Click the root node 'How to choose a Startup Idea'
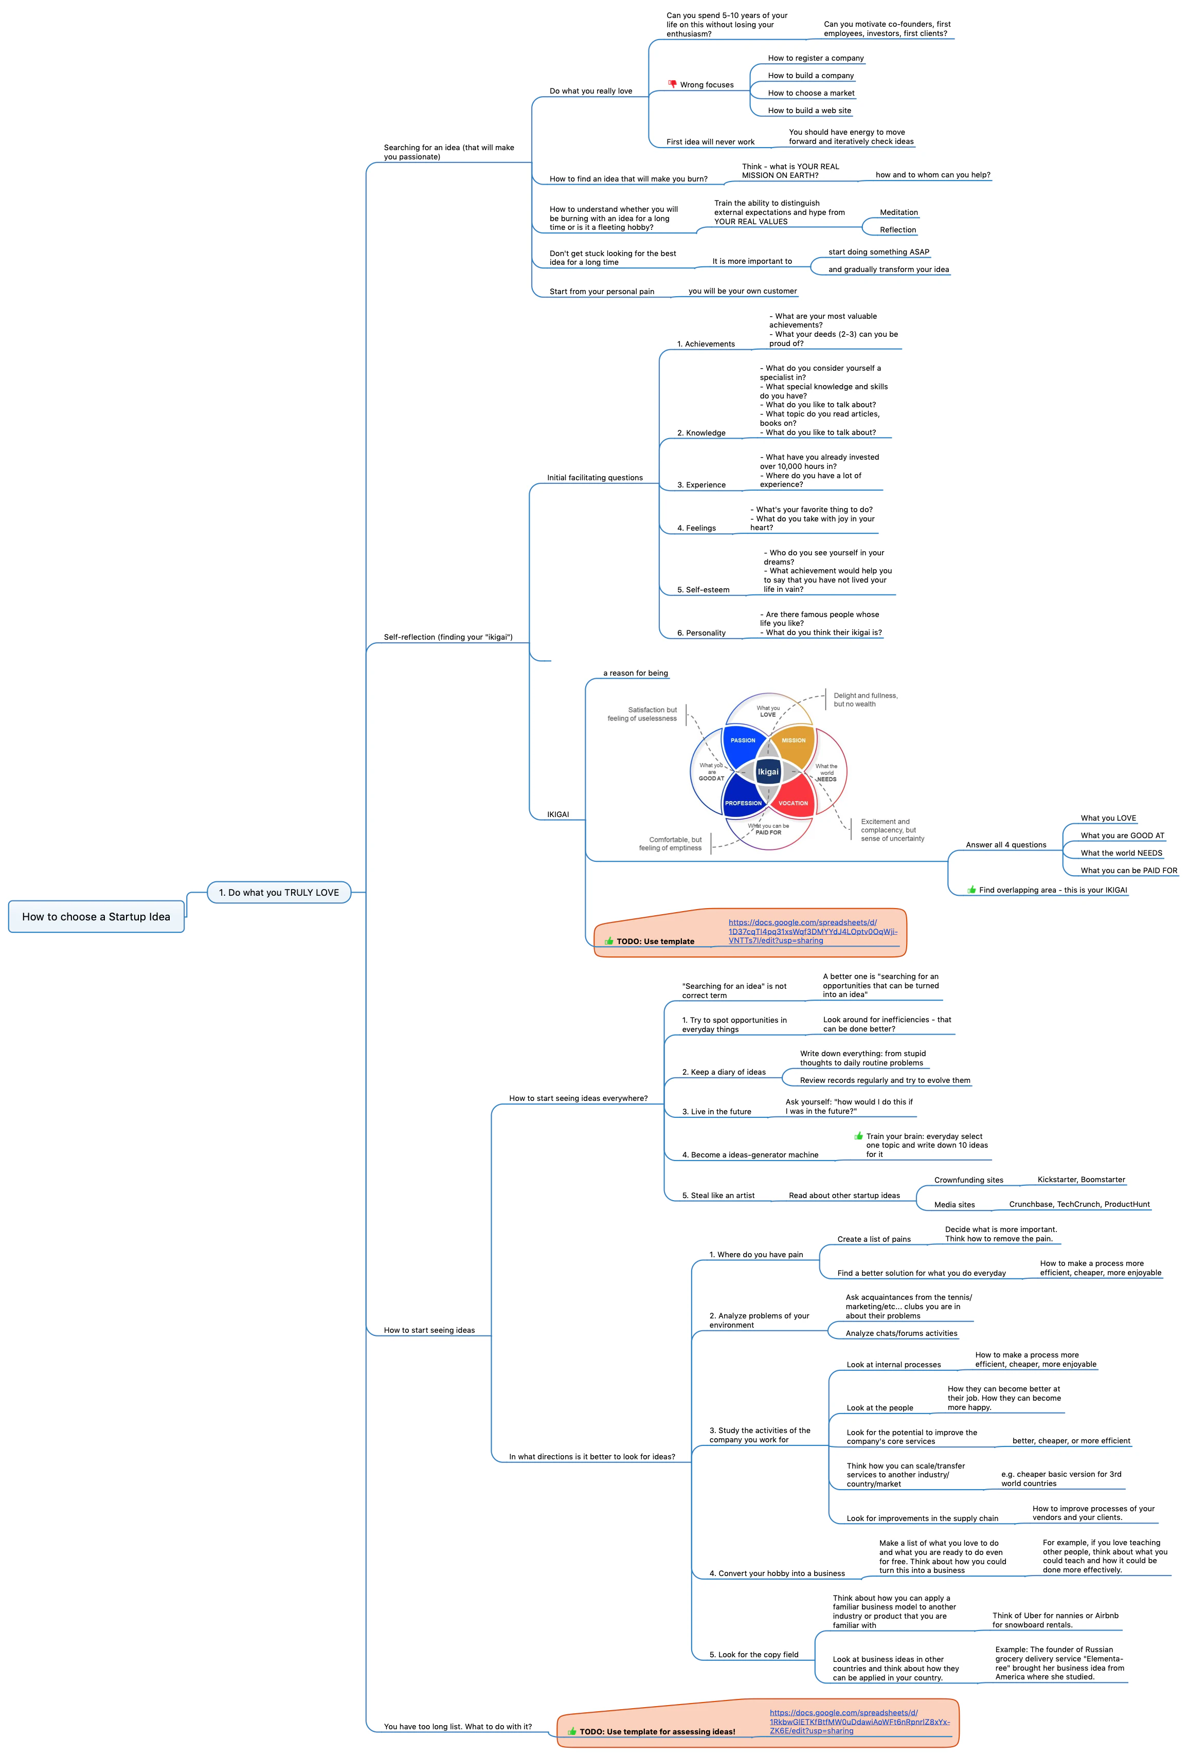point(96,916)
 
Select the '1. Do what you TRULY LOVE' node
point(279,892)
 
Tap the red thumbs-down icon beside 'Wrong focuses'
point(672,84)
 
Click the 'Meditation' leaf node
point(898,212)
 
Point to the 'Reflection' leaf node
point(898,230)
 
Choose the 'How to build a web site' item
point(809,111)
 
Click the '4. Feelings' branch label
point(696,528)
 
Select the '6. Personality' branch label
point(701,633)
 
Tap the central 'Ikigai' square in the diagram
point(768,771)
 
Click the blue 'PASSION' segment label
point(743,740)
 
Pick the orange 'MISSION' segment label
point(794,740)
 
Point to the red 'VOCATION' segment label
point(793,803)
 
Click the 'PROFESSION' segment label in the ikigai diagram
point(744,803)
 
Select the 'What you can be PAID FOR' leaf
point(1129,871)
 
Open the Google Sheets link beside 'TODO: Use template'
point(813,932)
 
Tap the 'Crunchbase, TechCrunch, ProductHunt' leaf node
point(1079,1204)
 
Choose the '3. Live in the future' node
point(716,1112)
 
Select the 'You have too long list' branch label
point(457,1727)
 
